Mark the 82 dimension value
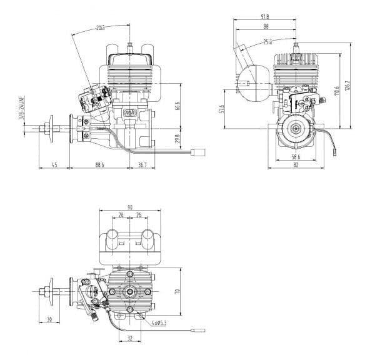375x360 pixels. (295, 166)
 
